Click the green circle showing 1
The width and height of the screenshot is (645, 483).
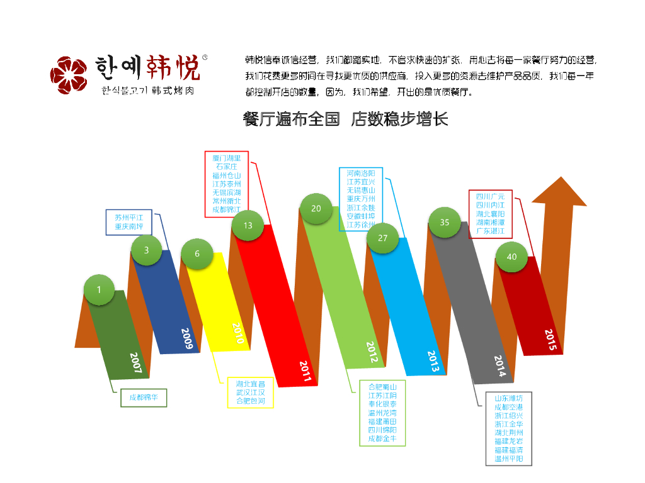99,290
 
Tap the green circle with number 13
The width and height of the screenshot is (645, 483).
248,225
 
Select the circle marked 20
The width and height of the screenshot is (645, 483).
316,208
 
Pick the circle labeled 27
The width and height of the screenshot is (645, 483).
383,238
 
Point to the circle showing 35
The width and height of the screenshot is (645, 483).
445,222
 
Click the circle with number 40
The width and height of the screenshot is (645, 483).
511,257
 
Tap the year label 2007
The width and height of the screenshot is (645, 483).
137,363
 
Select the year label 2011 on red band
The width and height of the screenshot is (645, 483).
305,371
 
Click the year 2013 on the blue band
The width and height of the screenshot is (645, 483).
433,361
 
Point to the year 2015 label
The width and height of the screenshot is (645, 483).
550,340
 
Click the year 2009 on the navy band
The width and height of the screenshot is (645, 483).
187,338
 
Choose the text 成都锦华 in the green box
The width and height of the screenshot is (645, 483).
144,397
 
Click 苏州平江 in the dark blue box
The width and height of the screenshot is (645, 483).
128,218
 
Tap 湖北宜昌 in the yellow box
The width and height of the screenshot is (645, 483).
250,384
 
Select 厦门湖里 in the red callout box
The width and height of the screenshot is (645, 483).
227,158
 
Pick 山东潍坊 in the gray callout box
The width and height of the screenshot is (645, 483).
508,399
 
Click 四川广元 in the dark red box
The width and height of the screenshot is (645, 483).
490,196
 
